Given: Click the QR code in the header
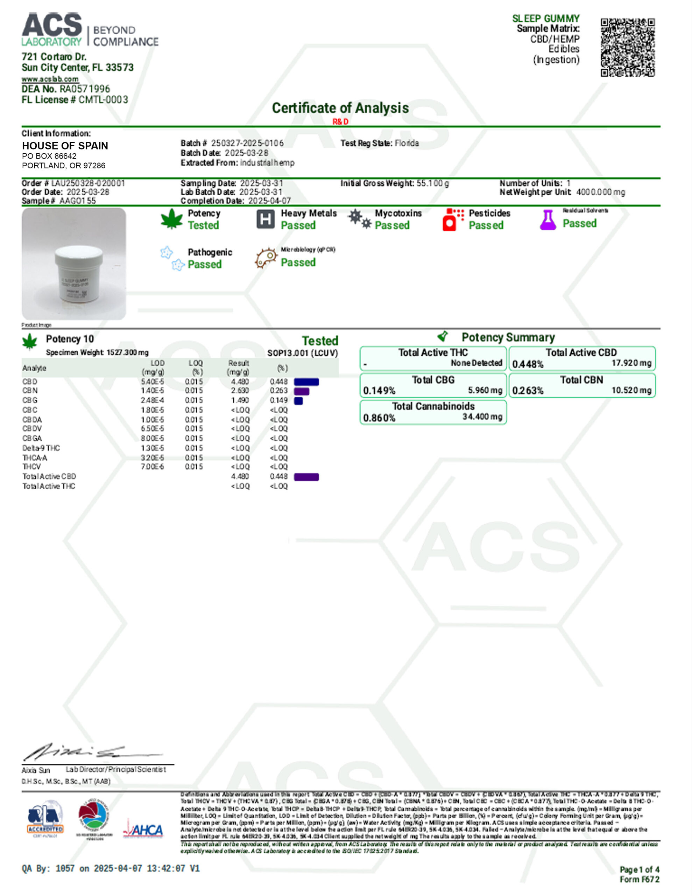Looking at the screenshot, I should [628, 47].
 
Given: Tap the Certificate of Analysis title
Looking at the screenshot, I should [340, 108].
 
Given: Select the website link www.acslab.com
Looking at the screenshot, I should [50, 79].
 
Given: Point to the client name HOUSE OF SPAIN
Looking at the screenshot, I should [65, 146].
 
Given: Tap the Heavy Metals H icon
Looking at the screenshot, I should [266, 219].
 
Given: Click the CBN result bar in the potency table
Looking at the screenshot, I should [302, 391].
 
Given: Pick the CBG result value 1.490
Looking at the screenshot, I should [240, 400].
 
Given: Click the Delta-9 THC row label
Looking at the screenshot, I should [41, 448].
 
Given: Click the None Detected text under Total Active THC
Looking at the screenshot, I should [476, 363].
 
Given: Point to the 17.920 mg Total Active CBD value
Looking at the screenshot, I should [631, 363].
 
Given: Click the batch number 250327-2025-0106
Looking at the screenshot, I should [247, 143].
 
